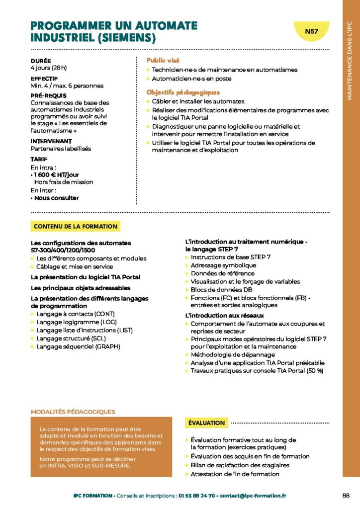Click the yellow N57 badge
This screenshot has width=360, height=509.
(312, 31)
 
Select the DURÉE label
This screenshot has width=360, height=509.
(41, 61)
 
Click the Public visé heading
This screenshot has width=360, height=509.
(163, 60)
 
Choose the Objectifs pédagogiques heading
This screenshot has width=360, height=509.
(182, 92)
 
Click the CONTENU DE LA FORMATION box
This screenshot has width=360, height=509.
(76, 227)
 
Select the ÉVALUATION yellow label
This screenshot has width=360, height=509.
(206, 423)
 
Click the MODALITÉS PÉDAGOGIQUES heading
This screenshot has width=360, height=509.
(73, 412)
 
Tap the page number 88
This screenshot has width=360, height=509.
(347, 495)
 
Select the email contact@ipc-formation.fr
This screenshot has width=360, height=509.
(253, 496)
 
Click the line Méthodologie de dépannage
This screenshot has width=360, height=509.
(233, 354)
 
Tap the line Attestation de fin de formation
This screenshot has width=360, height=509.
(235, 474)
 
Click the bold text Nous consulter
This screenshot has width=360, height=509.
(57, 198)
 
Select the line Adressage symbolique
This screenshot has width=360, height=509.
(223, 265)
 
